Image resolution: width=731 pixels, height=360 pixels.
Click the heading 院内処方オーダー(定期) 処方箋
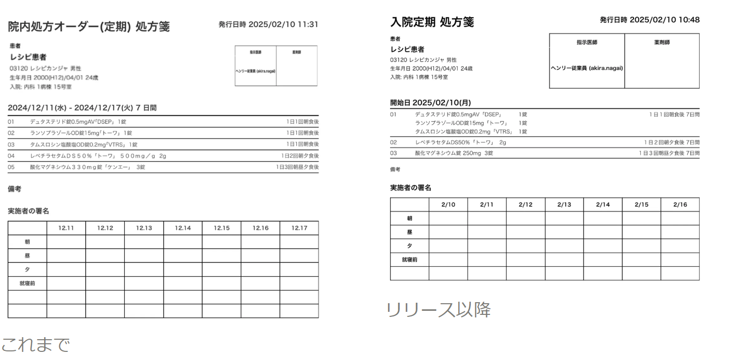click(89, 27)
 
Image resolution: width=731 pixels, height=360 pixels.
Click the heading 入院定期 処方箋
click(432, 22)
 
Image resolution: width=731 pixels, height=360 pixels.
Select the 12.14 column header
click(183, 228)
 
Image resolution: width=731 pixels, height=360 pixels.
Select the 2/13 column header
click(564, 205)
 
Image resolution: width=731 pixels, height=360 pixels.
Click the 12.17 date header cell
click(299, 228)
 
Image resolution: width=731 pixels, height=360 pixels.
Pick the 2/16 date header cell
click(680, 205)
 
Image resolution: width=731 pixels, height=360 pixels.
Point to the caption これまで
click(34, 345)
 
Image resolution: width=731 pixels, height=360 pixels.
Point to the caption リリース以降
click(439, 310)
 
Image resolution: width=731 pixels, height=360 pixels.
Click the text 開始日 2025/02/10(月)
click(430, 102)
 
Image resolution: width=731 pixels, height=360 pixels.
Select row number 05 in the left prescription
click(11, 167)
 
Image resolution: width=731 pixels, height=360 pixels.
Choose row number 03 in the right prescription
click(393, 153)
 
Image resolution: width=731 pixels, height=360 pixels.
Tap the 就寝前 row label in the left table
click(27, 283)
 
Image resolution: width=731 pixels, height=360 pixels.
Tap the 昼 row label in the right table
click(409, 232)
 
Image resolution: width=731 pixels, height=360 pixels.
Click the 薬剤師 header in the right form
click(662, 43)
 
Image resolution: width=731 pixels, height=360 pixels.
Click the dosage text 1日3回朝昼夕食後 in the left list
click(297, 167)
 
